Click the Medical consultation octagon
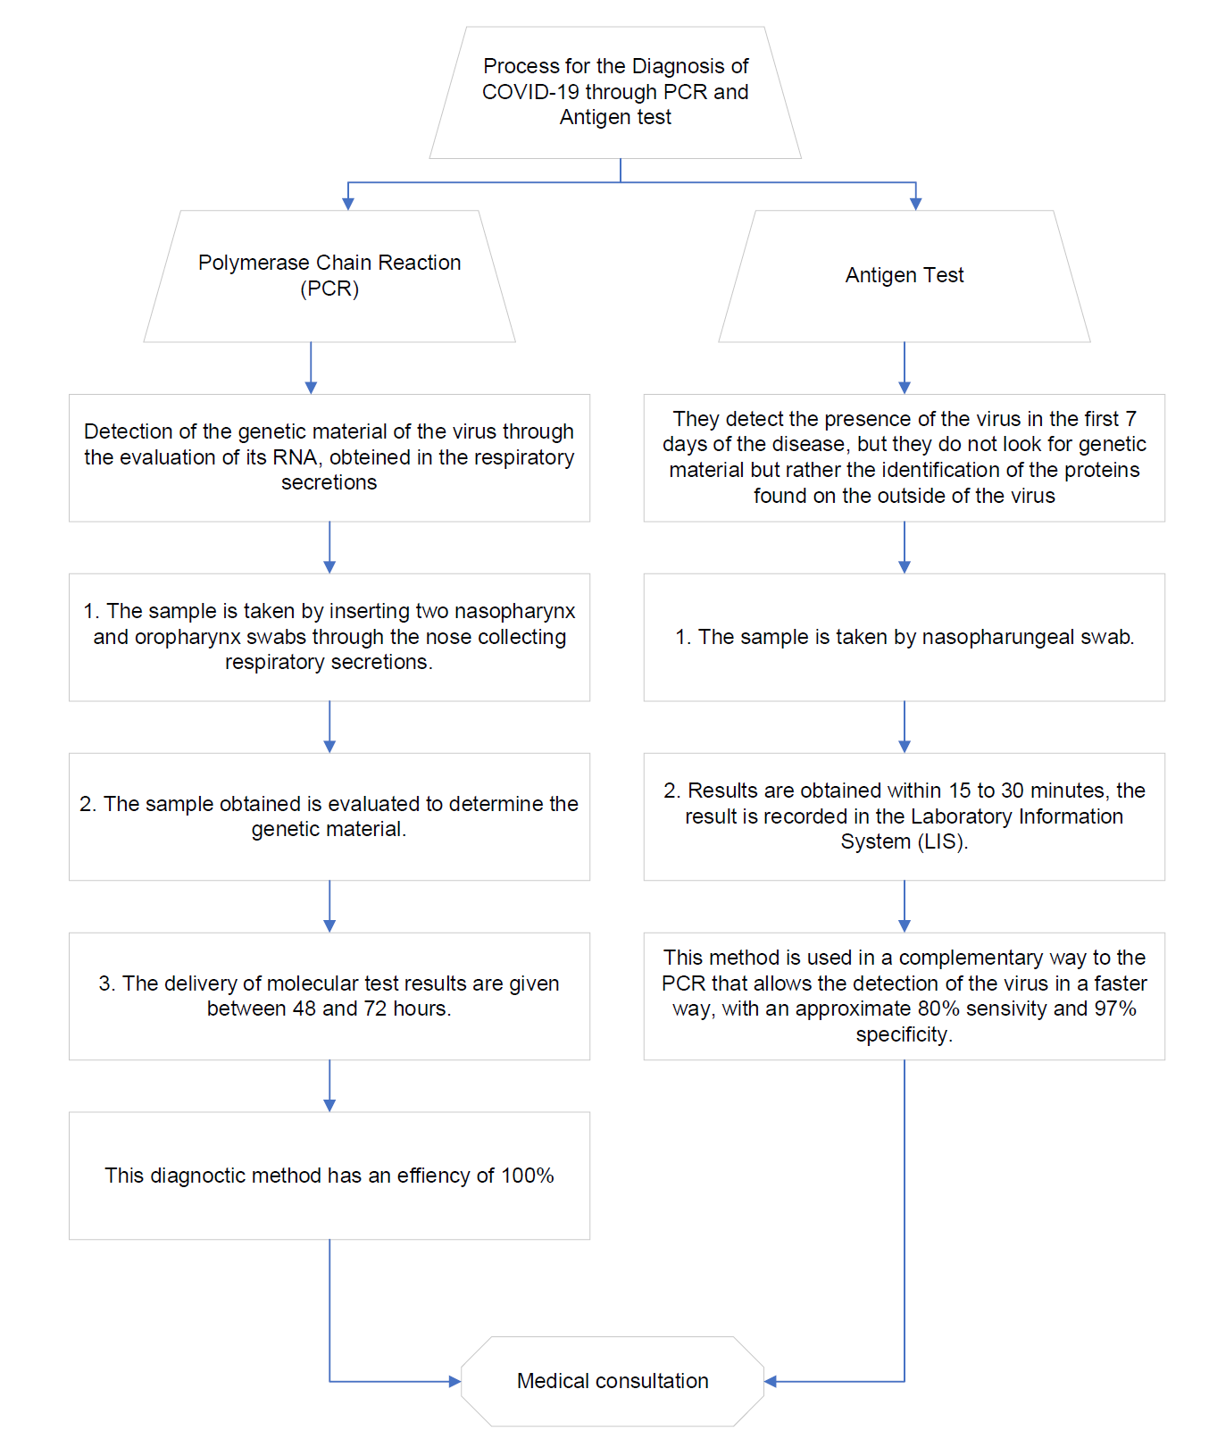point(613,1381)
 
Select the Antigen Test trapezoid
point(905,276)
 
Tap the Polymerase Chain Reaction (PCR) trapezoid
point(329,276)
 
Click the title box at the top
point(615,93)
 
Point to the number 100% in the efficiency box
point(528,1176)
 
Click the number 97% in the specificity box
point(1115,1008)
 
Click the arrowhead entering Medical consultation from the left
point(454,1382)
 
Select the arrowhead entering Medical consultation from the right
point(771,1382)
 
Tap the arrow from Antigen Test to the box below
point(905,368)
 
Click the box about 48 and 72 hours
point(329,996)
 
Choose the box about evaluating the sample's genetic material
point(329,816)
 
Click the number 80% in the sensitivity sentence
point(938,1008)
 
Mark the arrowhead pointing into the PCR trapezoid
point(348,204)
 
